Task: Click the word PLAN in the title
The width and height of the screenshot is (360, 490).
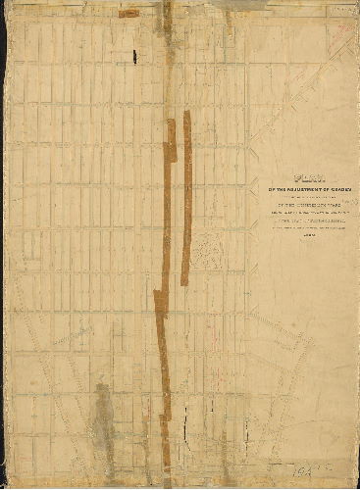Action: tap(307, 177)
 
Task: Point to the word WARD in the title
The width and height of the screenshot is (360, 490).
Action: tap(334, 205)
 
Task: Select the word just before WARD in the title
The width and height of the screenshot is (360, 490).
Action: tap(312, 205)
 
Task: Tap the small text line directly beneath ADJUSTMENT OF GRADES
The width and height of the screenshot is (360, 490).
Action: tap(307, 196)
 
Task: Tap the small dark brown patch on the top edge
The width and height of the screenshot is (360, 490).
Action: tap(128, 14)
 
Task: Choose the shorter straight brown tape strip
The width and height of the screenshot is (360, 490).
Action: tap(185, 196)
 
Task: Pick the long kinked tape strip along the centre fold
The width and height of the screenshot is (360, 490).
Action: tap(166, 294)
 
